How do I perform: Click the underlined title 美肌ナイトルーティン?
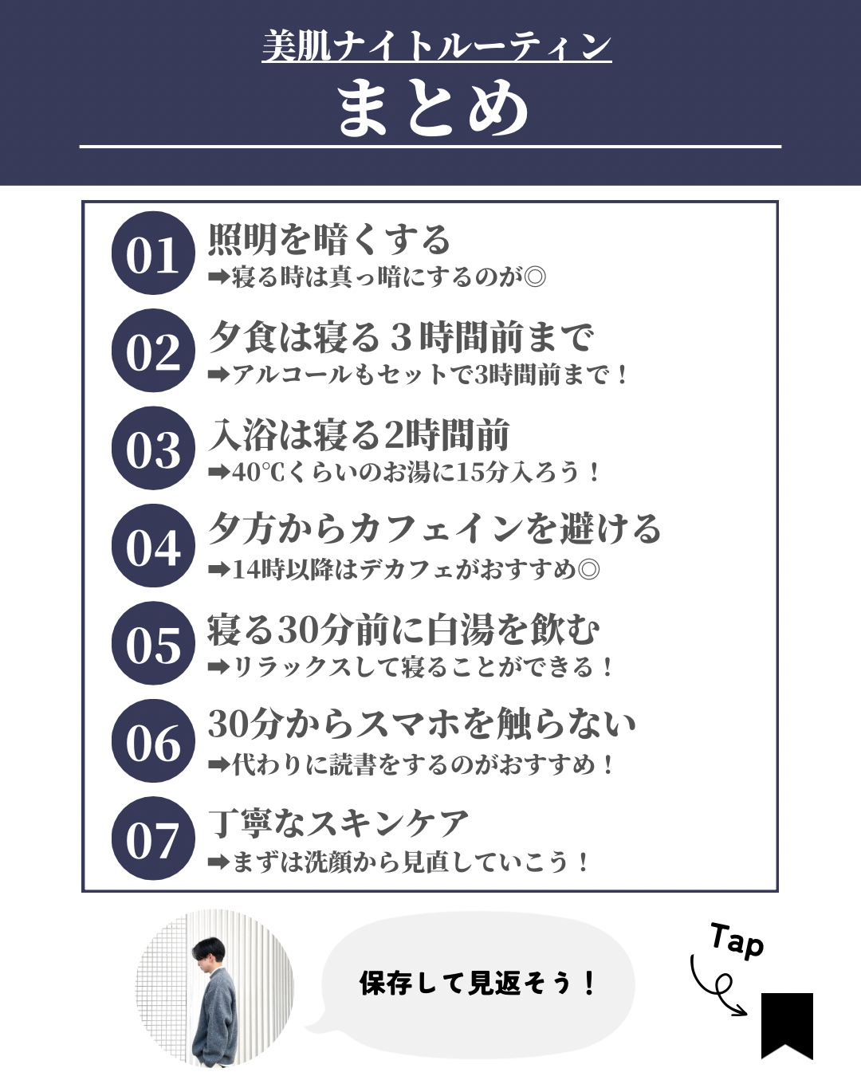436,46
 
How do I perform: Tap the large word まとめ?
433,108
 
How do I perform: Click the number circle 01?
153,253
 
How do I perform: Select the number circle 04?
153,545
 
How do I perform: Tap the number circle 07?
153,838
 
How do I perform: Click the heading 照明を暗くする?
329,239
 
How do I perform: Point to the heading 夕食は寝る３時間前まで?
401,336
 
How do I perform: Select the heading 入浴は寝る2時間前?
359,434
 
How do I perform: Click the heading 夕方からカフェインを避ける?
434,528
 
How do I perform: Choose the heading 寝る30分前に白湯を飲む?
403,630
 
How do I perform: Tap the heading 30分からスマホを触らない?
422,724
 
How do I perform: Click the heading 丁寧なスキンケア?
339,823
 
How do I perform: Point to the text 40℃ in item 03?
258,473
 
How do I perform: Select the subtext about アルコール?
419,375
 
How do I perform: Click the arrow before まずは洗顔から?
218,862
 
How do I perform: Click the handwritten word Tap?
737,941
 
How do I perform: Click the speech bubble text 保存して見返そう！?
478,983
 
